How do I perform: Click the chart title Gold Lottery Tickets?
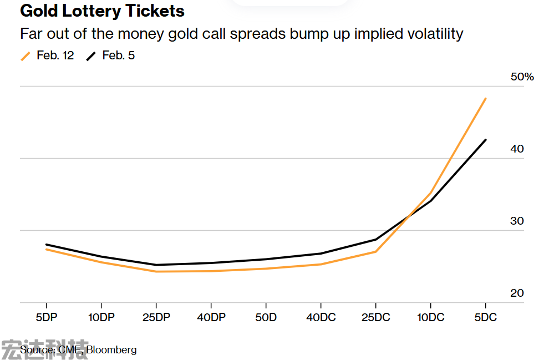103,11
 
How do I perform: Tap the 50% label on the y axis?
522,77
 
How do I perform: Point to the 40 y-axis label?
517,149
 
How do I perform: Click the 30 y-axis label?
517,221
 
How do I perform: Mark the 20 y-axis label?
517,293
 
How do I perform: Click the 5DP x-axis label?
46,317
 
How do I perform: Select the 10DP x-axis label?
101,317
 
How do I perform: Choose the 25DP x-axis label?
156,317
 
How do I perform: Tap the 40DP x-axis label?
211,317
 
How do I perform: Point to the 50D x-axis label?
266,317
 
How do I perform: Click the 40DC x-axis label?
321,317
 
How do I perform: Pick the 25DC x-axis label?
375,317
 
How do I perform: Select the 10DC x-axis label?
430,317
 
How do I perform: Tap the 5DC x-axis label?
485,317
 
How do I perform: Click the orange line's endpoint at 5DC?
486,99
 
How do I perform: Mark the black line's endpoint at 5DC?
486,140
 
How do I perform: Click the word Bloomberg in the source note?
111,350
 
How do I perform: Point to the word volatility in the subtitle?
429,33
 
